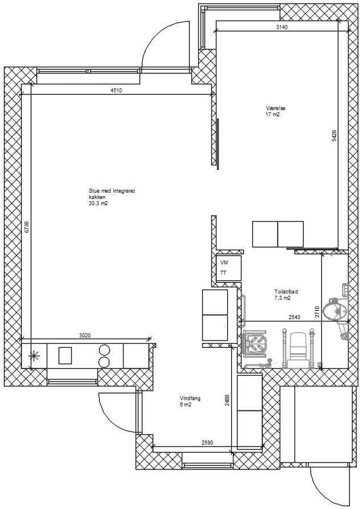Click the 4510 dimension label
click(116, 91)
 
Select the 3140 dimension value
click(281, 27)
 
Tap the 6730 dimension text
click(27, 227)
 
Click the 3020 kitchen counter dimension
click(85, 336)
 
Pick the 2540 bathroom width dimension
click(294, 317)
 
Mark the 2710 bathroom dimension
click(317, 312)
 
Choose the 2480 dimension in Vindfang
click(227, 400)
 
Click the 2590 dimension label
click(207, 442)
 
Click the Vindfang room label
click(190, 398)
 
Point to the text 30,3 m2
click(97, 203)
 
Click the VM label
click(224, 263)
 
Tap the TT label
click(223, 273)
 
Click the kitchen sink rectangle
click(65, 355)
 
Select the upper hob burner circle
click(104, 349)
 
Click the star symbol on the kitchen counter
click(33, 356)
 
